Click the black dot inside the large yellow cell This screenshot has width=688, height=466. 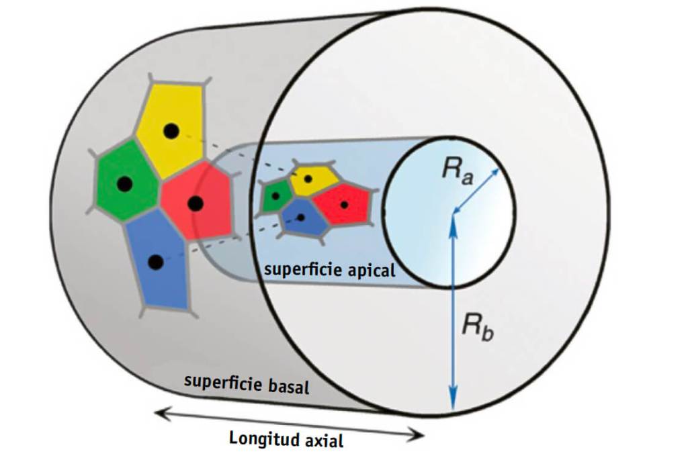(x=171, y=132)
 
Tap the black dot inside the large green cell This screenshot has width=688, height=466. (x=123, y=183)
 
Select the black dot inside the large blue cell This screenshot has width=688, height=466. (x=155, y=263)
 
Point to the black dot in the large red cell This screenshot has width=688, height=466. (x=196, y=203)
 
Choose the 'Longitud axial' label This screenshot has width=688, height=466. (x=286, y=440)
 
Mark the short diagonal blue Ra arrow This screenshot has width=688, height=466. (x=476, y=191)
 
